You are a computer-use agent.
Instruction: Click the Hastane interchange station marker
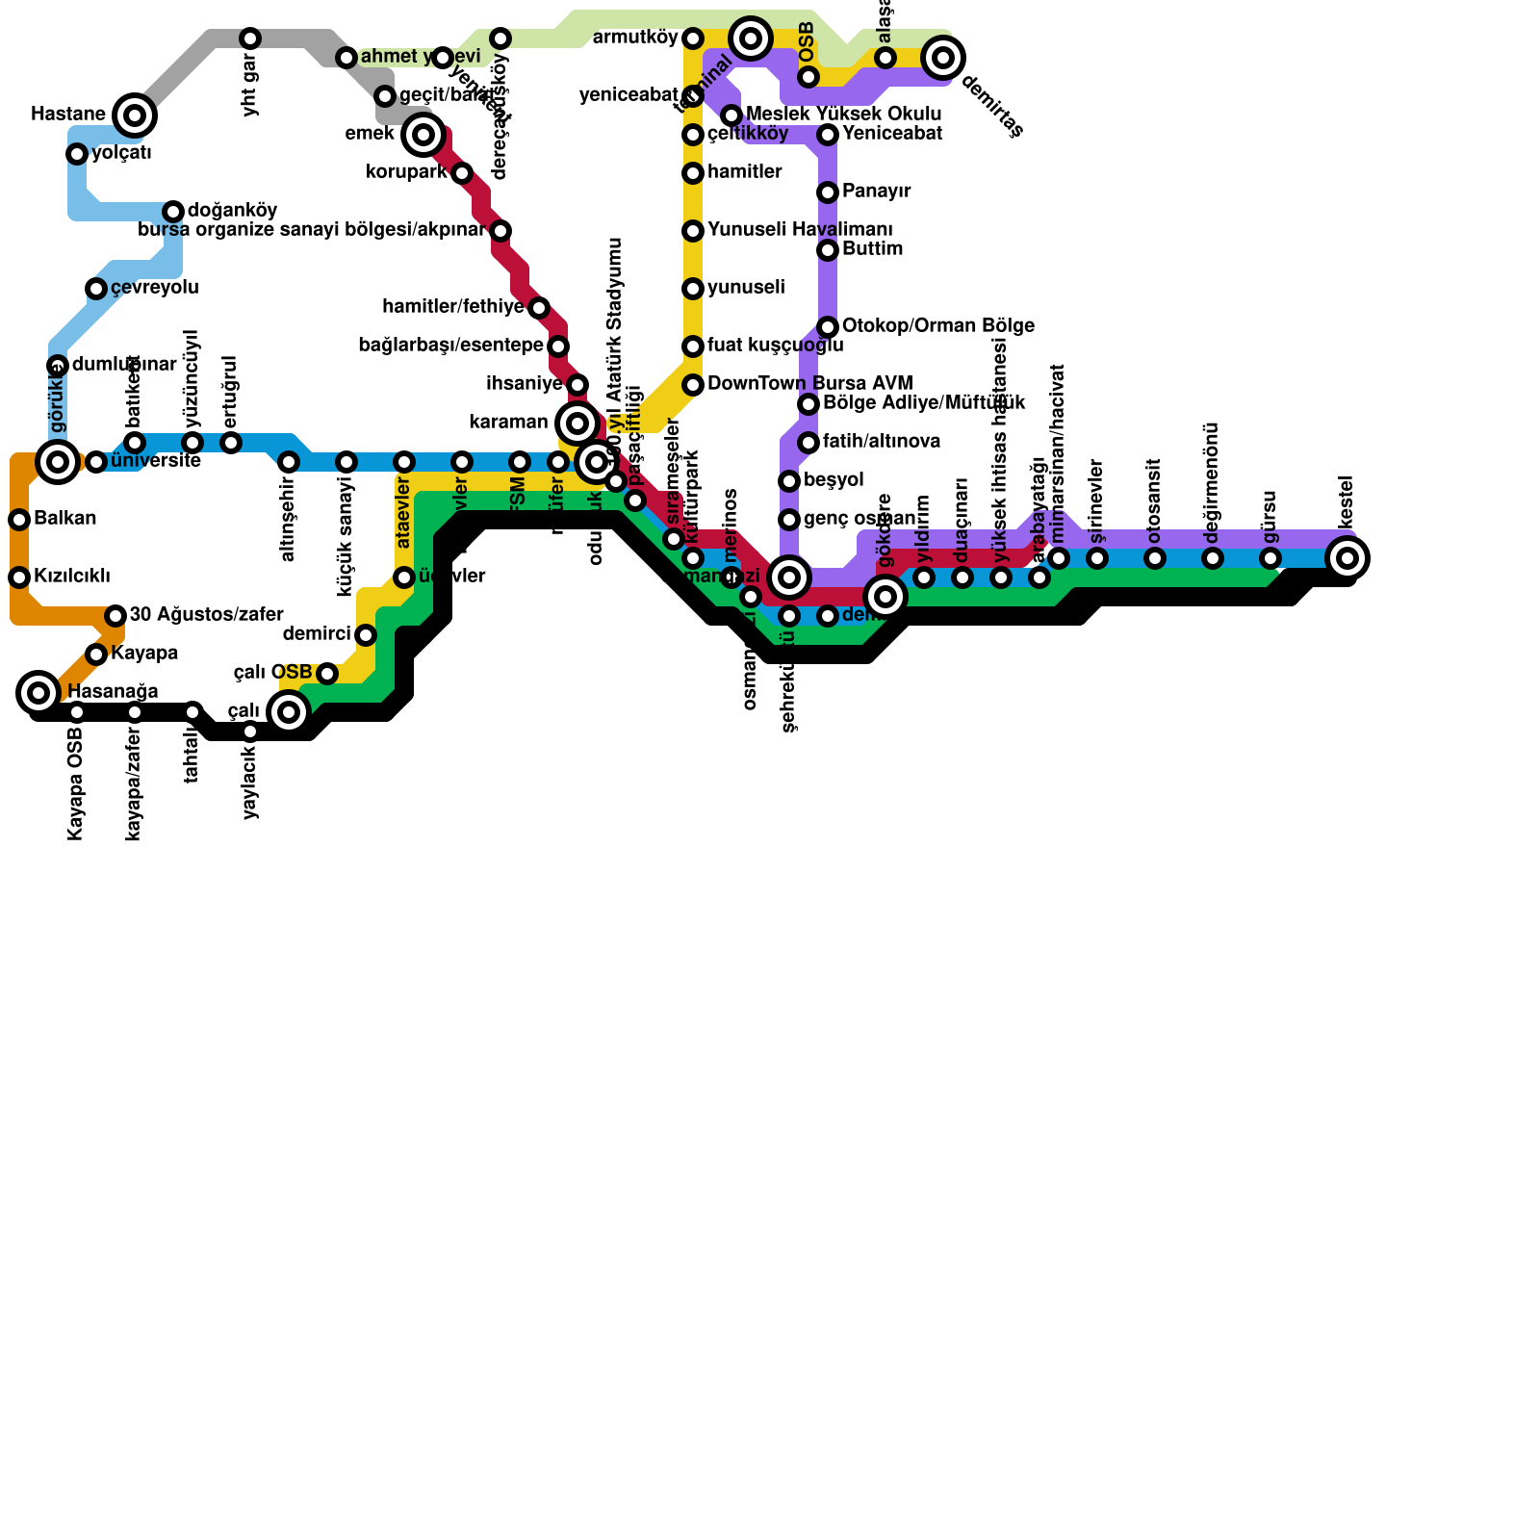tap(135, 115)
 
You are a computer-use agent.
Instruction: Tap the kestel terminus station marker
tap(1347, 558)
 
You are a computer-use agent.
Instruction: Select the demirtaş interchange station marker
tap(943, 58)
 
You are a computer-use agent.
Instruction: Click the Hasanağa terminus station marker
tap(38, 693)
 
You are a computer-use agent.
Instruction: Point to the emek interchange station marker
tap(423, 135)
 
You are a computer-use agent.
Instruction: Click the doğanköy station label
tap(233, 211)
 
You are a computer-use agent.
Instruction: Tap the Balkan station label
tap(64, 519)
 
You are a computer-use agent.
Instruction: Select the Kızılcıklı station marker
tap(19, 577)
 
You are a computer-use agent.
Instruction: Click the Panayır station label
tap(876, 192)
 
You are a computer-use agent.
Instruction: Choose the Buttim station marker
tap(828, 250)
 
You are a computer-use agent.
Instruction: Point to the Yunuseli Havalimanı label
tap(800, 230)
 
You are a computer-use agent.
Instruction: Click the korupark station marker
tap(462, 173)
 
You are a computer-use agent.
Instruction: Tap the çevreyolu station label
tap(154, 288)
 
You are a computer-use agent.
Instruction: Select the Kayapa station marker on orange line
tap(96, 654)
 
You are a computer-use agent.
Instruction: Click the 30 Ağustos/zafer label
tap(206, 614)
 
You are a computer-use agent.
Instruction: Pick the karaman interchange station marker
tap(577, 423)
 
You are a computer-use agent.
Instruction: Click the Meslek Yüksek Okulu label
tap(843, 115)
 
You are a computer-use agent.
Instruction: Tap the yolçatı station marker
tap(77, 154)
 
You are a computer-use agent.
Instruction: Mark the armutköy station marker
tap(693, 38)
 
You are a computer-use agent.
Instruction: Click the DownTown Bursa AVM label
tap(809, 384)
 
